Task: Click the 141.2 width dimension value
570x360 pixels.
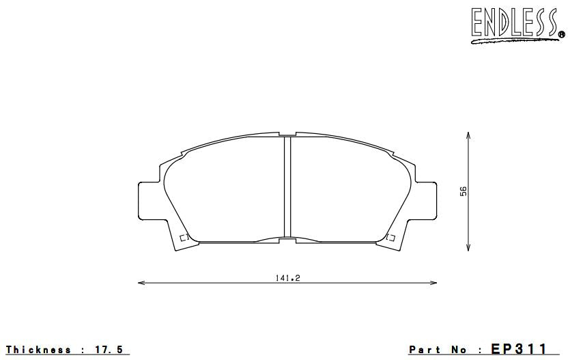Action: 287,278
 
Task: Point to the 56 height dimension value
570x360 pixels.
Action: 462,192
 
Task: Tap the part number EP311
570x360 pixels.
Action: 519,349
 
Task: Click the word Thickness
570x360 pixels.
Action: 38,350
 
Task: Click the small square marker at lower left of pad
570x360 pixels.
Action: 183,238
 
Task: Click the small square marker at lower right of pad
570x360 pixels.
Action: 391,238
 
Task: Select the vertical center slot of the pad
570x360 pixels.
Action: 287,186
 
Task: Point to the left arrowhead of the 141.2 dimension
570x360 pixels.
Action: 141,283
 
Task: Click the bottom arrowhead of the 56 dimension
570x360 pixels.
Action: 468,247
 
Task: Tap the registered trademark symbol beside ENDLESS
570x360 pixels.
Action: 561,35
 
